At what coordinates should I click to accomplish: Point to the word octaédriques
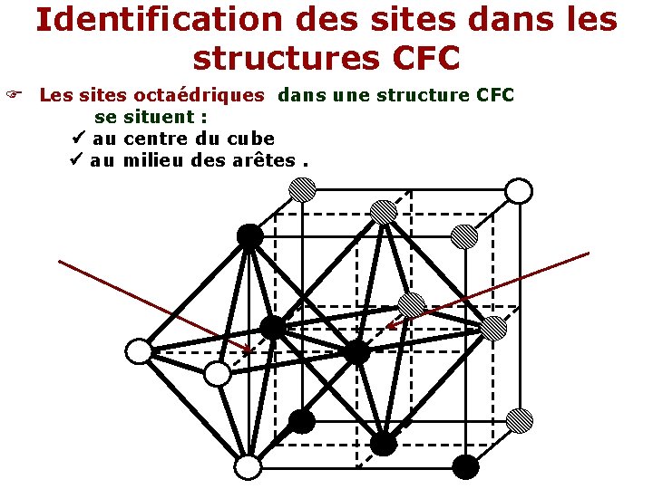point(200,94)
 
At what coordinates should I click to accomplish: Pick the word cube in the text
point(250,139)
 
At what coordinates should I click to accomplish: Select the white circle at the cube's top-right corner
point(518,191)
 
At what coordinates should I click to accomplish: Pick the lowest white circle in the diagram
point(248,467)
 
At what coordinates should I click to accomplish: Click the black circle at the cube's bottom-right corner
point(465,466)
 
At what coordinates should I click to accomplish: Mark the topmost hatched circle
point(302,189)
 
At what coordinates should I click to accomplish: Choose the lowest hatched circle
point(519,420)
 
